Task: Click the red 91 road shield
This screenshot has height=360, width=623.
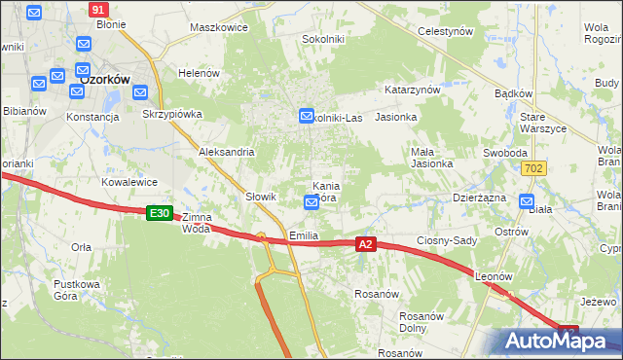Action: click(97, 9)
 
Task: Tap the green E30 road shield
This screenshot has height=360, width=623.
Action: click(160, 212)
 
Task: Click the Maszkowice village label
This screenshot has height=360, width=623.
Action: click(220, 28)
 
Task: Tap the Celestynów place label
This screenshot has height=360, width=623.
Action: click(445, 31)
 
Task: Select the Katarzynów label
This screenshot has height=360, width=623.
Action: click(413, 89)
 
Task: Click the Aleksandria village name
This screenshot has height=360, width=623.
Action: click(227, 152)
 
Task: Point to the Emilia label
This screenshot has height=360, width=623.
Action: click(305, 236)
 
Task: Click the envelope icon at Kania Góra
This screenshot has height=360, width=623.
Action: click(311, 202)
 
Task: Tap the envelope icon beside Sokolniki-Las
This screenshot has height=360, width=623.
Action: click(306, 116)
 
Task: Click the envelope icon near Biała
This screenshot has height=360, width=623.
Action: click(528, 202)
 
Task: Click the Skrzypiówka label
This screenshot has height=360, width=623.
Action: click(171, 114)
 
